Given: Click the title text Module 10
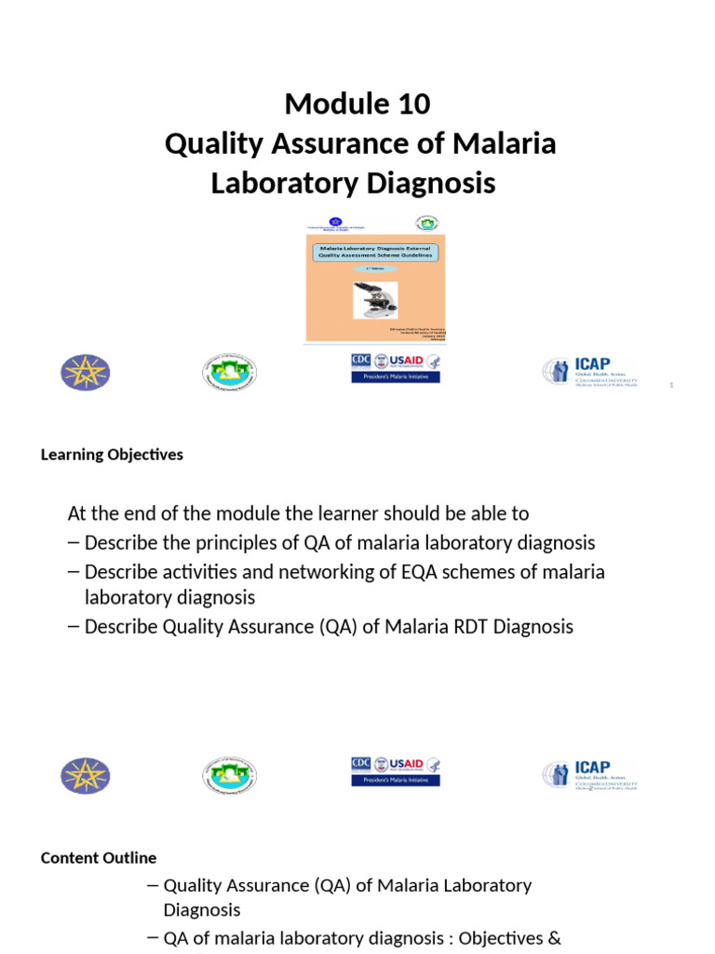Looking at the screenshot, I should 357,104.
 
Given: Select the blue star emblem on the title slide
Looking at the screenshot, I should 85,373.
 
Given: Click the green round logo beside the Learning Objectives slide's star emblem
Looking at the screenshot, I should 229,775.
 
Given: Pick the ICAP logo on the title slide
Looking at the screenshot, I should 590,372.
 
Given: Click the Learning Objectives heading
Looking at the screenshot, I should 112,455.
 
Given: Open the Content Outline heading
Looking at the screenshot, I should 99,858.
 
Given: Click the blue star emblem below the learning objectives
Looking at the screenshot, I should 85,776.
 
